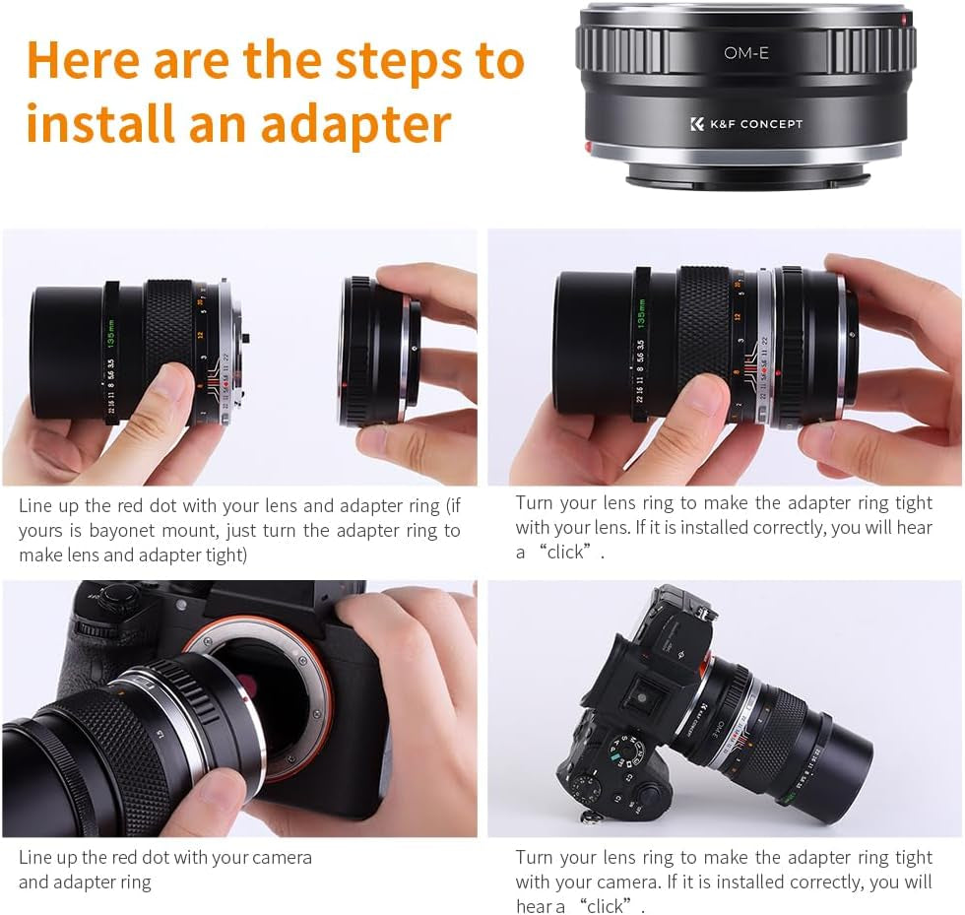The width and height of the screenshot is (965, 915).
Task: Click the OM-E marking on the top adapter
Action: click(745, 53)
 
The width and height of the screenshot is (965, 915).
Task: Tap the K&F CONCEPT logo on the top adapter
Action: click(745, 124)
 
